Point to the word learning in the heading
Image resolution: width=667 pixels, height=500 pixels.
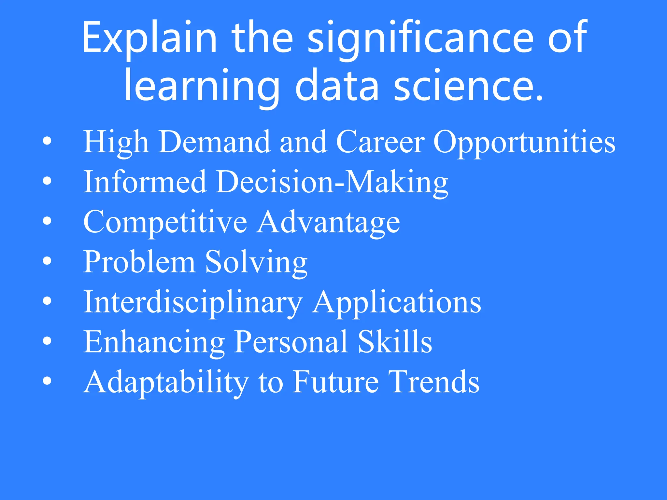(202, 86)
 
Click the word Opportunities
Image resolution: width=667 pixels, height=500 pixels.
(524, 142)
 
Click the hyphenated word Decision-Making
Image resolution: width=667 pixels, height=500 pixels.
(332, 182)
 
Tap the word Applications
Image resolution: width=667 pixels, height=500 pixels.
(396, 303)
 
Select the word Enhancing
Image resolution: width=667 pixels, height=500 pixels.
(154, 342)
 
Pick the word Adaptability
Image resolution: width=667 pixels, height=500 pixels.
(166, 382)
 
